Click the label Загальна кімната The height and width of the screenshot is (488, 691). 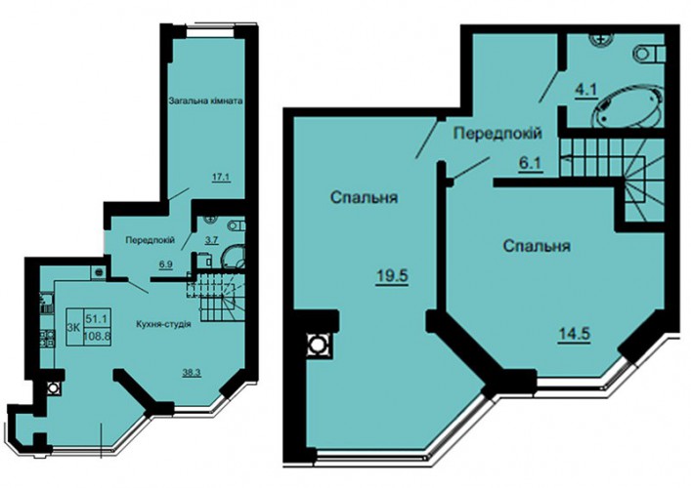click(206, 101)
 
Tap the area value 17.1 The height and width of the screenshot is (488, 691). click(222, 178)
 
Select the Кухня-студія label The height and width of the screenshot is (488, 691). click(163, 324)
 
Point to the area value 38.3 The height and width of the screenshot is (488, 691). click(192, 373)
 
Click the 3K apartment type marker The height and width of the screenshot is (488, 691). click(73, 327)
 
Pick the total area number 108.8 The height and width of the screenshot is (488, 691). click(98, 336)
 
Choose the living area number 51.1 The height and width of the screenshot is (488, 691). click(96, 317)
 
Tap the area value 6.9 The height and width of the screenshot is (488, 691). click(166, 264)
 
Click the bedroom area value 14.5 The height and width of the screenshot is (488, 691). click(575, 334)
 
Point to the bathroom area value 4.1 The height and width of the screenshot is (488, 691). click(585, 90)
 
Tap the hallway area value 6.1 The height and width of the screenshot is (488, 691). click(530, 164)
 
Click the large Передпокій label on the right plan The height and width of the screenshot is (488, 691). click(497, 133)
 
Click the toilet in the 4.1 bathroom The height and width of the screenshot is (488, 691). click(649, 55)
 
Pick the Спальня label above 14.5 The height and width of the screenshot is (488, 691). click(537, 245)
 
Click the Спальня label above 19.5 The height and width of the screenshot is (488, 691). click(364, 197)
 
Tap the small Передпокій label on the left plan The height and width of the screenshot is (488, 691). click(151, 240)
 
